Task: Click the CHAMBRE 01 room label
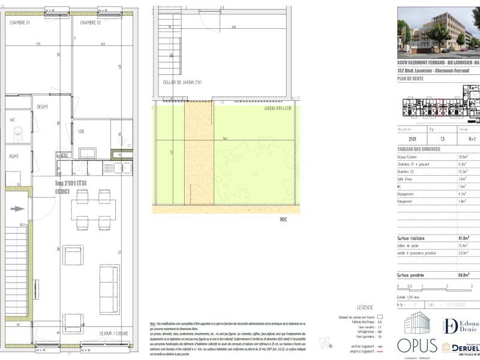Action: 21,22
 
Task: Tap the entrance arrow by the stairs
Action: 19,209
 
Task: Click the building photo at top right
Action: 438,31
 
